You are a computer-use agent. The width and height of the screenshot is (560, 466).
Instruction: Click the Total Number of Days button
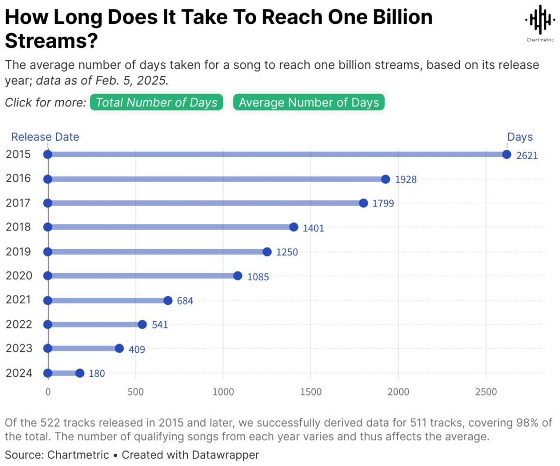(156, 102)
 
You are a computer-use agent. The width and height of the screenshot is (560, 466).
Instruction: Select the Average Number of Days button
(309, 102)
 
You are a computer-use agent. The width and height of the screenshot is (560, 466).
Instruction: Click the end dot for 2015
(507, 155)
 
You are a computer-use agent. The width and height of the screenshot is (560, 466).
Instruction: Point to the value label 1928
(405, 180)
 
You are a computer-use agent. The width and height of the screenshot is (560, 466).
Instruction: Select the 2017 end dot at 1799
(363, 203)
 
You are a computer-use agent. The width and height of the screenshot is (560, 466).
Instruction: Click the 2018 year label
(18, 227)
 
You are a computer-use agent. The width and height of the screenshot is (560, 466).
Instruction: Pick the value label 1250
(287, 252)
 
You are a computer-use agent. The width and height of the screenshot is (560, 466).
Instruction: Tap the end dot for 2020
(237, 276)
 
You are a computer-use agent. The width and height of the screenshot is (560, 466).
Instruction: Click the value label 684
(185, 301)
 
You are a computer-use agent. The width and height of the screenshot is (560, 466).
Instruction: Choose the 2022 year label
(18, 324)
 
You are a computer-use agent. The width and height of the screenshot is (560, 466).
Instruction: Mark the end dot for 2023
(119, 348)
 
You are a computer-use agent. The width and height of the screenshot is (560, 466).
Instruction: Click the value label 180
(96, 374)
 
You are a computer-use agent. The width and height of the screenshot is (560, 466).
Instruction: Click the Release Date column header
(45, 137)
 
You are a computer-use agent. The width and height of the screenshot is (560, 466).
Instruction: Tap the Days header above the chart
(520, 137)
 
